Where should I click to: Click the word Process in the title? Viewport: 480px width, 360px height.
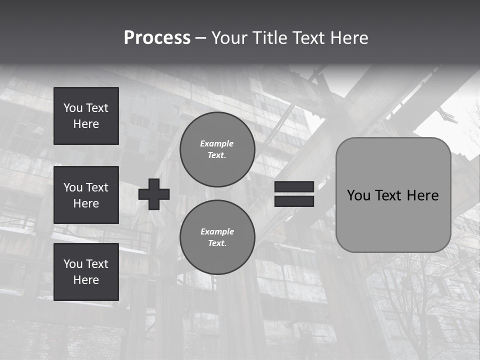pos(157,38)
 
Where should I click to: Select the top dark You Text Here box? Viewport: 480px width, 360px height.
pos(86,116)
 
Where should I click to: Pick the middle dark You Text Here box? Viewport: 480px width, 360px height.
pos(86,195)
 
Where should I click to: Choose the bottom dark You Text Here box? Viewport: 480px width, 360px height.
pos(86,272)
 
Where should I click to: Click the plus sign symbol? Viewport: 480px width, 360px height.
pos(154,194)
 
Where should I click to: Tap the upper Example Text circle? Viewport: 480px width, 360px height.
pos(217,149)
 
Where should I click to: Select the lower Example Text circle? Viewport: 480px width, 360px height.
pos(217,237)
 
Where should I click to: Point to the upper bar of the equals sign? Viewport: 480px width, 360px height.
pos(294,187)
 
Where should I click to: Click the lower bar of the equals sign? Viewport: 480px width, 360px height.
pos(294,201)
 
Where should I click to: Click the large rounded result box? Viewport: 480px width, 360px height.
pos(393,220)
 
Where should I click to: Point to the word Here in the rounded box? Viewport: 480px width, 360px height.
pos(422,195)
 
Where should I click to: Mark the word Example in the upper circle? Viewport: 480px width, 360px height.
pos(216,143)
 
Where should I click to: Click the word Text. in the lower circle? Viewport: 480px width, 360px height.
pos(217,243)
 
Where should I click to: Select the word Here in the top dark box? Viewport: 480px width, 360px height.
pos(86,124)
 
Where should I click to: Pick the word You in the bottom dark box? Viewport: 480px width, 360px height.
pos(73,264)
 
